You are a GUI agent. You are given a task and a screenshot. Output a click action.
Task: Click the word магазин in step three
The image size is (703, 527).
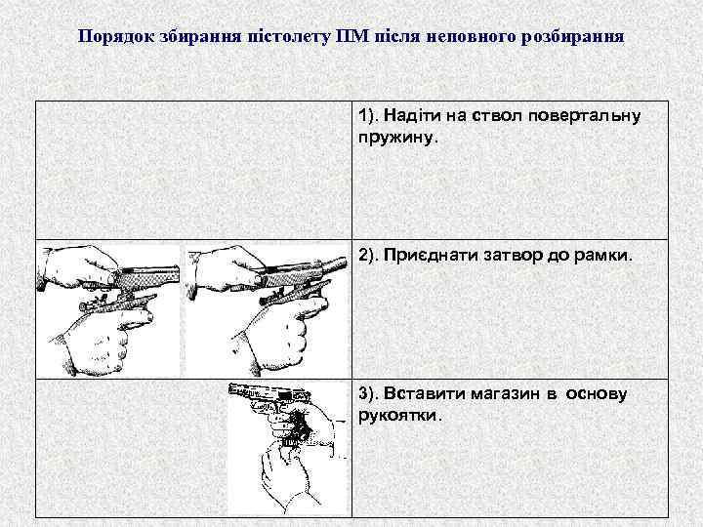[x=494, y=394]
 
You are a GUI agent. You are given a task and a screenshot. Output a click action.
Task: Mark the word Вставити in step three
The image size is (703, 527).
[x=420, y=394]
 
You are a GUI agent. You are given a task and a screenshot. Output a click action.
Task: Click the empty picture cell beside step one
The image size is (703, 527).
[x=193, y=169]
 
